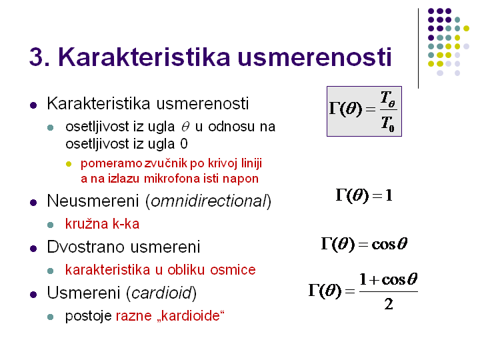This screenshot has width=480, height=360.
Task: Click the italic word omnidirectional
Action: click(x=209, y=201)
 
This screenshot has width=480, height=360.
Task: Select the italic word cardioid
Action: click(x=161, y=293)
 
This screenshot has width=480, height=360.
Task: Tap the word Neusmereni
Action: click(x=93, y=201)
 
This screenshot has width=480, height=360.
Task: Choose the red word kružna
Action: click(x=87, y=224)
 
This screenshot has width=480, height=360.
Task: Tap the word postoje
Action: click(x=89, y=316)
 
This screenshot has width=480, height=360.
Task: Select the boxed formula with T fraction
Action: click(x=364, y=111)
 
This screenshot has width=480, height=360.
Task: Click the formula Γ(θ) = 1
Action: click(x=364, y=195)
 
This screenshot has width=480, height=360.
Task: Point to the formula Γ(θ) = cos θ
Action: click(x=364, y=244)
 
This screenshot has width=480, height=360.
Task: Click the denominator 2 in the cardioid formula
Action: click(x=389, y=304)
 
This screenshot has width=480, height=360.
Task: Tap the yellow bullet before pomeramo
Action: click(x=69, y=164)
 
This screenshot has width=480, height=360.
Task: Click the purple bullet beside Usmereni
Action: click(x=33, y=295)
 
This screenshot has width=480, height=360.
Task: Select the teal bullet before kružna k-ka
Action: click(x=51, y=225)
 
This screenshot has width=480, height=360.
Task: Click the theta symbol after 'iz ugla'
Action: click(x=185, y=127)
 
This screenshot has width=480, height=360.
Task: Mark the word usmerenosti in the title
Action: click(x=315, y=57)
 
